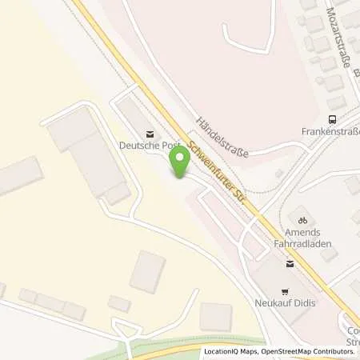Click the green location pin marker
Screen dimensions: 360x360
point(180,161)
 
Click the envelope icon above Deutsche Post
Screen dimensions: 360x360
point(147,133)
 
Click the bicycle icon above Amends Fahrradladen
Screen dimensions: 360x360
point(302,219)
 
